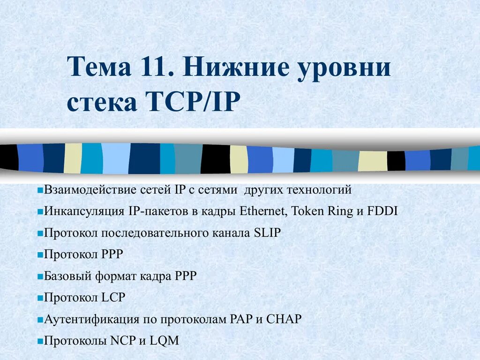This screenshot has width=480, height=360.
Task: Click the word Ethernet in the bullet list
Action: pyautogui.click(x=262, y=211)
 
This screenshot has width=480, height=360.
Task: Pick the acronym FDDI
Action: pyautogui.click(x=382, y=211)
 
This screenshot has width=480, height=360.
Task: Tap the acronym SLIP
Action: pyautogui.click(x=267, y=232)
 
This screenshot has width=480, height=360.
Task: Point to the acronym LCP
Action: pyautogui.click(x=113, y=298)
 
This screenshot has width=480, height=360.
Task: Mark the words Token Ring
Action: pyautogui.click(x=322, y=211)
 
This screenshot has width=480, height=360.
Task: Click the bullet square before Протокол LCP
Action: pyautogui.click(x=40, y=298)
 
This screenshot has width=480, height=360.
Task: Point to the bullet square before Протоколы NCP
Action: pyautogui.click(x=40, y=341)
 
